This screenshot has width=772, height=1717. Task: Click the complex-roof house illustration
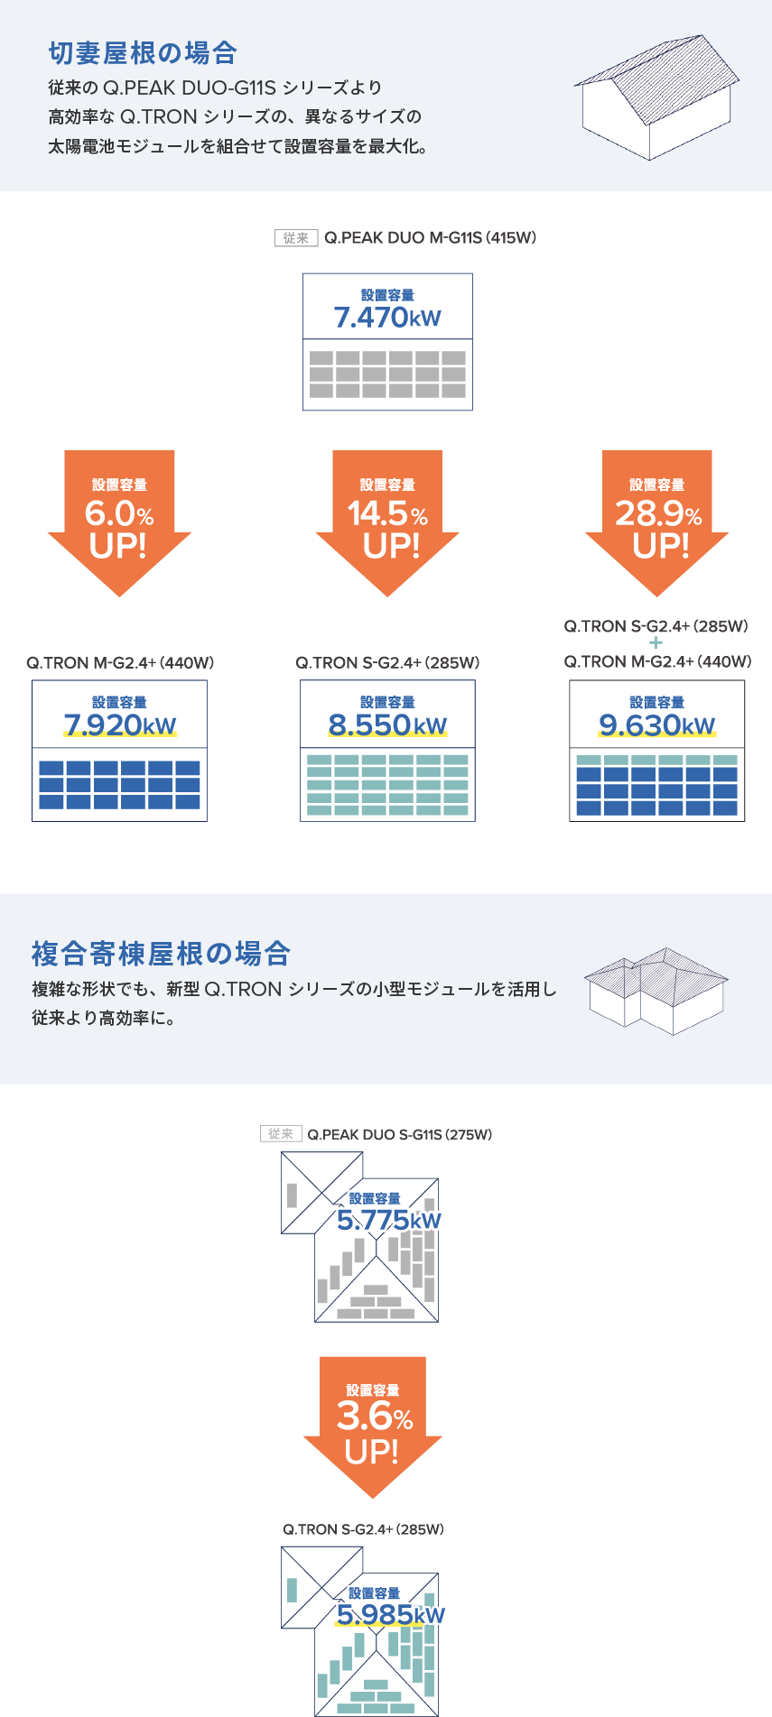coord(656,990)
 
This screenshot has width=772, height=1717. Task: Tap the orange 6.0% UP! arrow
coord(119,519)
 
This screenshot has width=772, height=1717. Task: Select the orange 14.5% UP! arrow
coord(387,519)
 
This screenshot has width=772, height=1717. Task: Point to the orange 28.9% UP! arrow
coord(657,519)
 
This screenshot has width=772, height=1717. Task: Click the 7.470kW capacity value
coord(387,318)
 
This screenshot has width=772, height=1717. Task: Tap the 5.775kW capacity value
coord(389,1221)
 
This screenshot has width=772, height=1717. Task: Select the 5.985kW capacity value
coord(390,1614)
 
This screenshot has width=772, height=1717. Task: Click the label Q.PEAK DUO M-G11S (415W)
coord(430,238)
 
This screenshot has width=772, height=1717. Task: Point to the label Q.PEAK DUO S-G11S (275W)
coord(399,1135)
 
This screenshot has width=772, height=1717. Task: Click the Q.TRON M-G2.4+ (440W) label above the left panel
coord(120,663)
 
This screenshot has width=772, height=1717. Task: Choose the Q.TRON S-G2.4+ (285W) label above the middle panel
coord(387,663)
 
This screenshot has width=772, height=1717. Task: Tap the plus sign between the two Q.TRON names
coord(656,643)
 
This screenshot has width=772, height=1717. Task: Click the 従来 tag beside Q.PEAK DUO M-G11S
coord(296,238)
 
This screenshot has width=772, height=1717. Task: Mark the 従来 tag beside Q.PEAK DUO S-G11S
coord(281,1135)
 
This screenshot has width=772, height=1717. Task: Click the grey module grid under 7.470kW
coord(387,374)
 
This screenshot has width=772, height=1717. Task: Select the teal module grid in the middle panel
coord(387,785)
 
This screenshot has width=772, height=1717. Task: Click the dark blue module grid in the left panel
coord(119,785)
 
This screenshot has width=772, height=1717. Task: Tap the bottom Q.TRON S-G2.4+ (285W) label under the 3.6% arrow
coord(363,1529)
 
